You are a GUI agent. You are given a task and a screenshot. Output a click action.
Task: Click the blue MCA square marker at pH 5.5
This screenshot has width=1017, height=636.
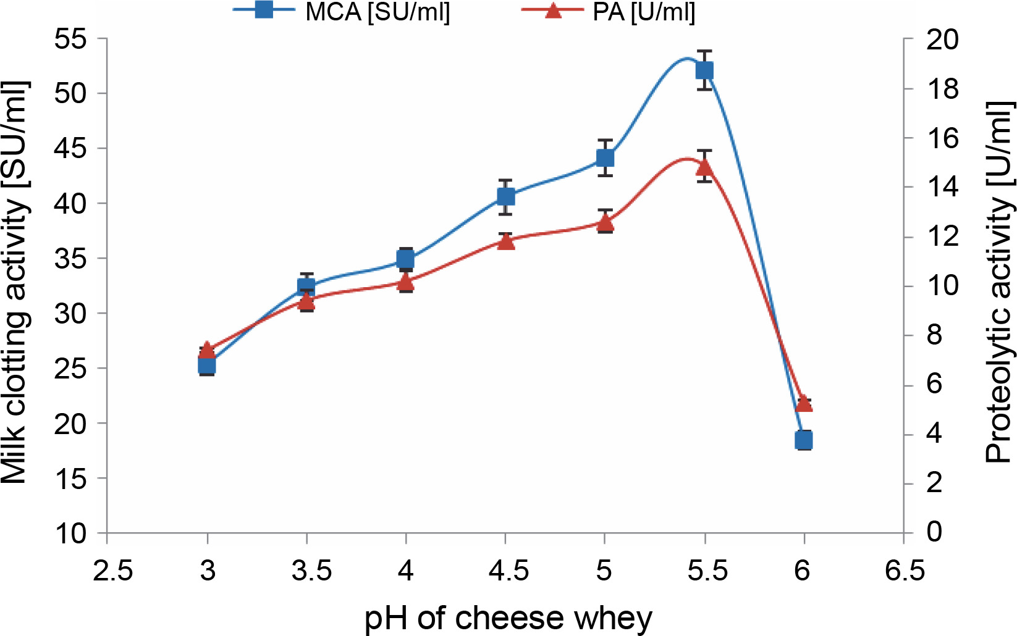tap(704, 70)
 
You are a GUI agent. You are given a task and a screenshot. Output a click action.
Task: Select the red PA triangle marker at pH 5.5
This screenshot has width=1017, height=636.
tap(704, 167)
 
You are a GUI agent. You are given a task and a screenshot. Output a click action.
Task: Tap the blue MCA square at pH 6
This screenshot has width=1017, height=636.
tap(804, 440)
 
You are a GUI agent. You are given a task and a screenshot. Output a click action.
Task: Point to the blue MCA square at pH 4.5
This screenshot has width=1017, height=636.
tap(505, 196)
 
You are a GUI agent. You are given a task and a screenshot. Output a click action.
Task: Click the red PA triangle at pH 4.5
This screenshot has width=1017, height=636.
tap(505, 241)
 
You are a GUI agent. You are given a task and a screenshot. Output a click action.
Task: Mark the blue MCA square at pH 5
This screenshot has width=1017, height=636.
tap(605, 158)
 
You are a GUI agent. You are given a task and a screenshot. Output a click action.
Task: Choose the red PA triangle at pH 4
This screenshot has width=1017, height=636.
tap(406, 282)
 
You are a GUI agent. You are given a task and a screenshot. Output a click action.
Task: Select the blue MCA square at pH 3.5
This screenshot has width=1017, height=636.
tap(306, 286)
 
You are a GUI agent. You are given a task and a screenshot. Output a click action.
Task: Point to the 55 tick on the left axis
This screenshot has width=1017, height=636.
tap(72, 40)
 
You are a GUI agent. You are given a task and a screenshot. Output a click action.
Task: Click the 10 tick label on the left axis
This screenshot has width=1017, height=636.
tap(72, 533)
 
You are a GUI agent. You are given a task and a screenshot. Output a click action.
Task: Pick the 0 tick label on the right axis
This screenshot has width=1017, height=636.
tap(934, 531)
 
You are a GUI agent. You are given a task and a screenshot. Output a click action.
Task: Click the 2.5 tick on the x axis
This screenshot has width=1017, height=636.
tap(112, 571)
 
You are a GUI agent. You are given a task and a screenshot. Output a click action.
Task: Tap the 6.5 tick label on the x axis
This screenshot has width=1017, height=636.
tap(905, 571)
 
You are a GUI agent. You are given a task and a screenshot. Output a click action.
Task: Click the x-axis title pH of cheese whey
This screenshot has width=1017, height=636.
tap(508, 618)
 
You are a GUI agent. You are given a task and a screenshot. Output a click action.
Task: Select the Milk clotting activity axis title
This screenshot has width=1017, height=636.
tap(15, 282)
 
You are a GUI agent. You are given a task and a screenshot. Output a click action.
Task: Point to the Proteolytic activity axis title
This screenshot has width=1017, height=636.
tap(1000, 282)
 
